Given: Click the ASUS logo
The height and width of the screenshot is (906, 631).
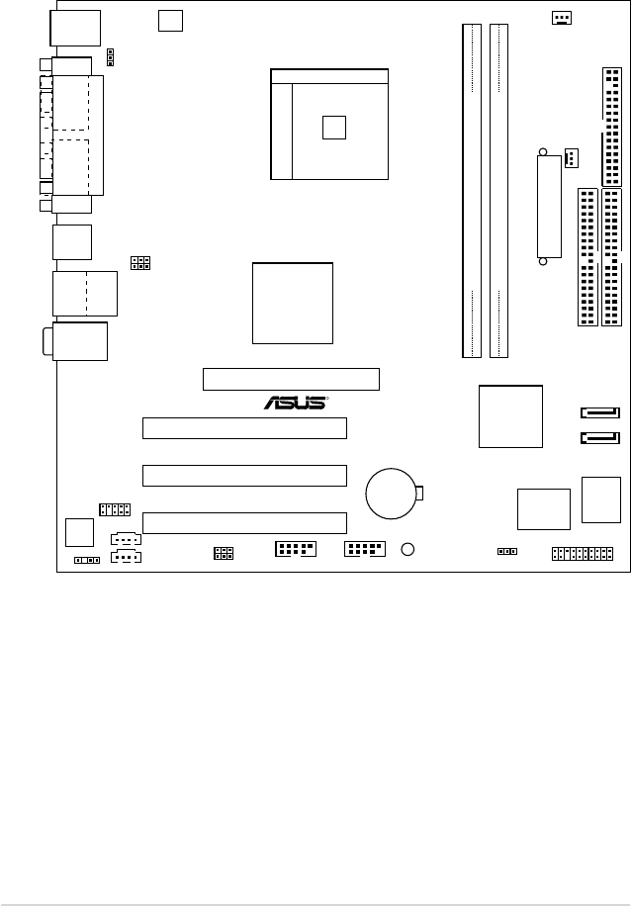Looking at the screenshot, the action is pos(295,403).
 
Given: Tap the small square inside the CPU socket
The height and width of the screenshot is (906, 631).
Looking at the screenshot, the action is pos(335,127).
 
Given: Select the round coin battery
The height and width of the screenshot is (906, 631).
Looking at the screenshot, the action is pos(393,493).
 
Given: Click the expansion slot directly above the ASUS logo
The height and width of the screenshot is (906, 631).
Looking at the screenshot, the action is pos(291,379).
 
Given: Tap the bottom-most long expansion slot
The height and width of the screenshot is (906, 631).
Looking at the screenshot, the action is pos(244,523).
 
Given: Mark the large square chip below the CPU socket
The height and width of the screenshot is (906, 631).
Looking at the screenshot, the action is pos(293,303).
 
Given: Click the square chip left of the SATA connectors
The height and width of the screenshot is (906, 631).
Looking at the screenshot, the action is pos(510,416).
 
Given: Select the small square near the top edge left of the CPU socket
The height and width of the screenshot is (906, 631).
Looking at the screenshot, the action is pos(171,20).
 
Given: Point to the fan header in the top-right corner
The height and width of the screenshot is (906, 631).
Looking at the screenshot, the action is pos(562,18).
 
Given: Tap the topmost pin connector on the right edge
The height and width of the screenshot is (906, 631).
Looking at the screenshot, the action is pos(610,127).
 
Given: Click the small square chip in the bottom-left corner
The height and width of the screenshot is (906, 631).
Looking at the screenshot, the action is pos(78,531).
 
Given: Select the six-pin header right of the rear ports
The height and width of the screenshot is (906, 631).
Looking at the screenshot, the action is pos(140,262).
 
